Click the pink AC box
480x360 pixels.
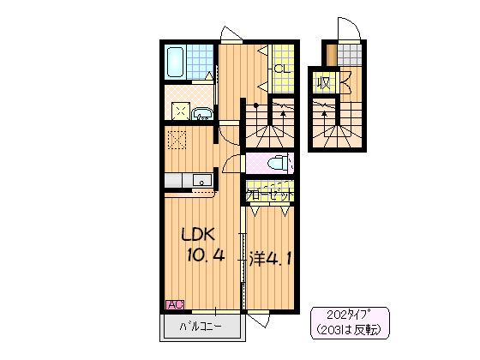click(175, 304)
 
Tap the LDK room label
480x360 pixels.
click(198, 235)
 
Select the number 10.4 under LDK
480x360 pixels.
click(206, 255)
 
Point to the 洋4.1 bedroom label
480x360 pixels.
click(269, 259)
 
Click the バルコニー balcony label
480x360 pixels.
click(201, 327)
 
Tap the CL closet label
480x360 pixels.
click(282, 69)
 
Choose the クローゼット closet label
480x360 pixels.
click(270, 195)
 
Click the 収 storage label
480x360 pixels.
click(324, 82)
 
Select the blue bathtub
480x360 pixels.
click(175, 62)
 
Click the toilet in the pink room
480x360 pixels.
click(278, 163)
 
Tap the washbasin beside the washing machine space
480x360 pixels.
click(202, 113)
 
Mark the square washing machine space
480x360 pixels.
click(181, 111)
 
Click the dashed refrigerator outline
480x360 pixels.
click(177, 140)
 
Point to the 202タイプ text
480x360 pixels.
click(349, 315)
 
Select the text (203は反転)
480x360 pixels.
click(350, 329)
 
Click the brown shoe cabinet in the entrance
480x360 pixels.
click(331, 55)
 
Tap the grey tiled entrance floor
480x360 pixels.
click(350, 55)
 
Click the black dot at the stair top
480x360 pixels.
click(256, 105)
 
